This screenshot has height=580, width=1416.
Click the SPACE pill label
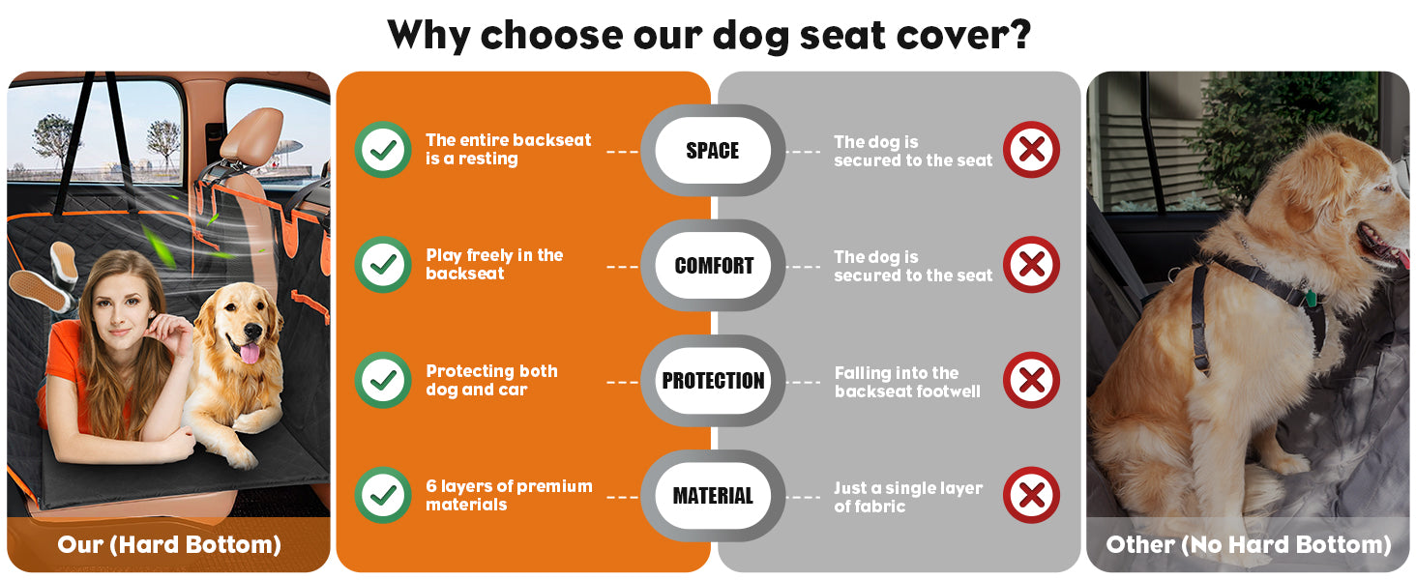tap(713, 151)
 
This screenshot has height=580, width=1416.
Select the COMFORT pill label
tap(713, 266)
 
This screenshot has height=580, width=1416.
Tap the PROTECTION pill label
tap(713, 380)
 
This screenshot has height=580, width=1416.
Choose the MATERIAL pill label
tap(713, 496)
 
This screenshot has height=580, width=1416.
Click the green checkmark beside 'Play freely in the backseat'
tap(383, 265)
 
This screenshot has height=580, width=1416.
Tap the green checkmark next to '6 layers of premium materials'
tap(383, 495)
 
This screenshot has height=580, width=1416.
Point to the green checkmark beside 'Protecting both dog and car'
tap(383, 380)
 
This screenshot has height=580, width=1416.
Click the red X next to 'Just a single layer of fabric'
tap(1032, 495)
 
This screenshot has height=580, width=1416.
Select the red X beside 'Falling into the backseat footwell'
tap(1032, 380)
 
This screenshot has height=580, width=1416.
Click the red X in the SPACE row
tap(1032, 150)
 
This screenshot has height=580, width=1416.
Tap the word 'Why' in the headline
tap(428, 37)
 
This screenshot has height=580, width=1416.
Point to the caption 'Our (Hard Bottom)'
tap(169, 544)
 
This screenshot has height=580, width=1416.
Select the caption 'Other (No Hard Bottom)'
tap(1249, 544)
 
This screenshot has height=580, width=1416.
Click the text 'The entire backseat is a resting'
tap(508, 149)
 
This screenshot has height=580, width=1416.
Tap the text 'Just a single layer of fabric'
tap(908, 497)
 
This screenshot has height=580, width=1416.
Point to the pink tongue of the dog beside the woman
tap(251, 353)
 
